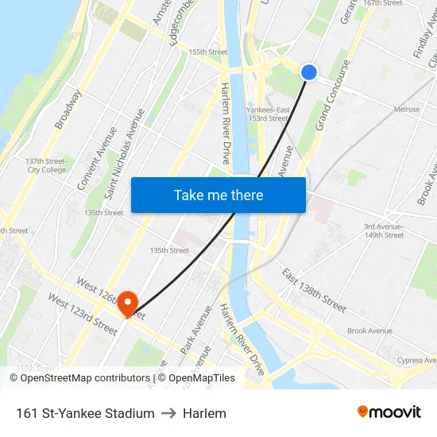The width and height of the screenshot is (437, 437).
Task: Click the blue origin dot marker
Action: [309, 72]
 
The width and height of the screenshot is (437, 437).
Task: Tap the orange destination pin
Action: [127, 303]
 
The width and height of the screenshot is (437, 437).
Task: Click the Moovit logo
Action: [389, 412]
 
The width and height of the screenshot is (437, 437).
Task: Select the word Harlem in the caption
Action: [204, 413]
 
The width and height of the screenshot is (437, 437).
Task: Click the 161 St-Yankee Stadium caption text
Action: [85, 413]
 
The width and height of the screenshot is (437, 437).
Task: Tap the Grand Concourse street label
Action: [333, 95]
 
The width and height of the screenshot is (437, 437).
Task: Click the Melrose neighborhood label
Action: [406, 110]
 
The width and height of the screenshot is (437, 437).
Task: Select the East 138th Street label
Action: [314, 289]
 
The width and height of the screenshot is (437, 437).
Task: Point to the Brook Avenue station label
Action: [369, 331]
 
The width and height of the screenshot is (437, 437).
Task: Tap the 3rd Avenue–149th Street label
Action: [385, 230]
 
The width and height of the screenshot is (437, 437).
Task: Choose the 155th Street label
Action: [207, 52]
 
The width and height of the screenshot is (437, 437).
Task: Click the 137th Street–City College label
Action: [46, 165]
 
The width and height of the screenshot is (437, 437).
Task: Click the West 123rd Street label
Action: [83, 313]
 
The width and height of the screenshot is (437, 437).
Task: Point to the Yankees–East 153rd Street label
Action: [268, 114]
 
